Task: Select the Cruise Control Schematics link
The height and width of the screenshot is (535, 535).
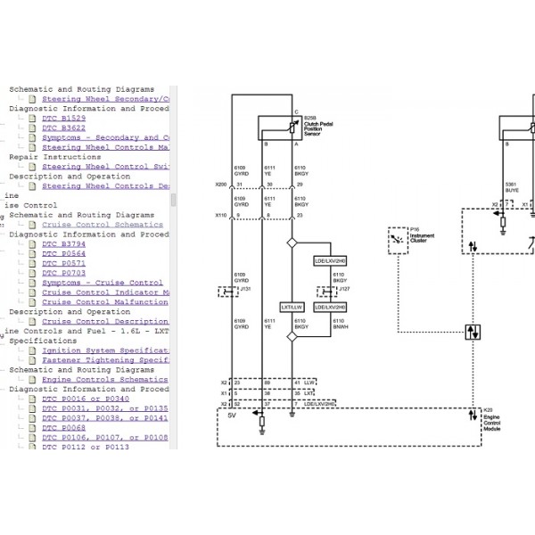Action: pos(102,225)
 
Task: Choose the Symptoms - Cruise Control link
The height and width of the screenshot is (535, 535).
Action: pos(102,283)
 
